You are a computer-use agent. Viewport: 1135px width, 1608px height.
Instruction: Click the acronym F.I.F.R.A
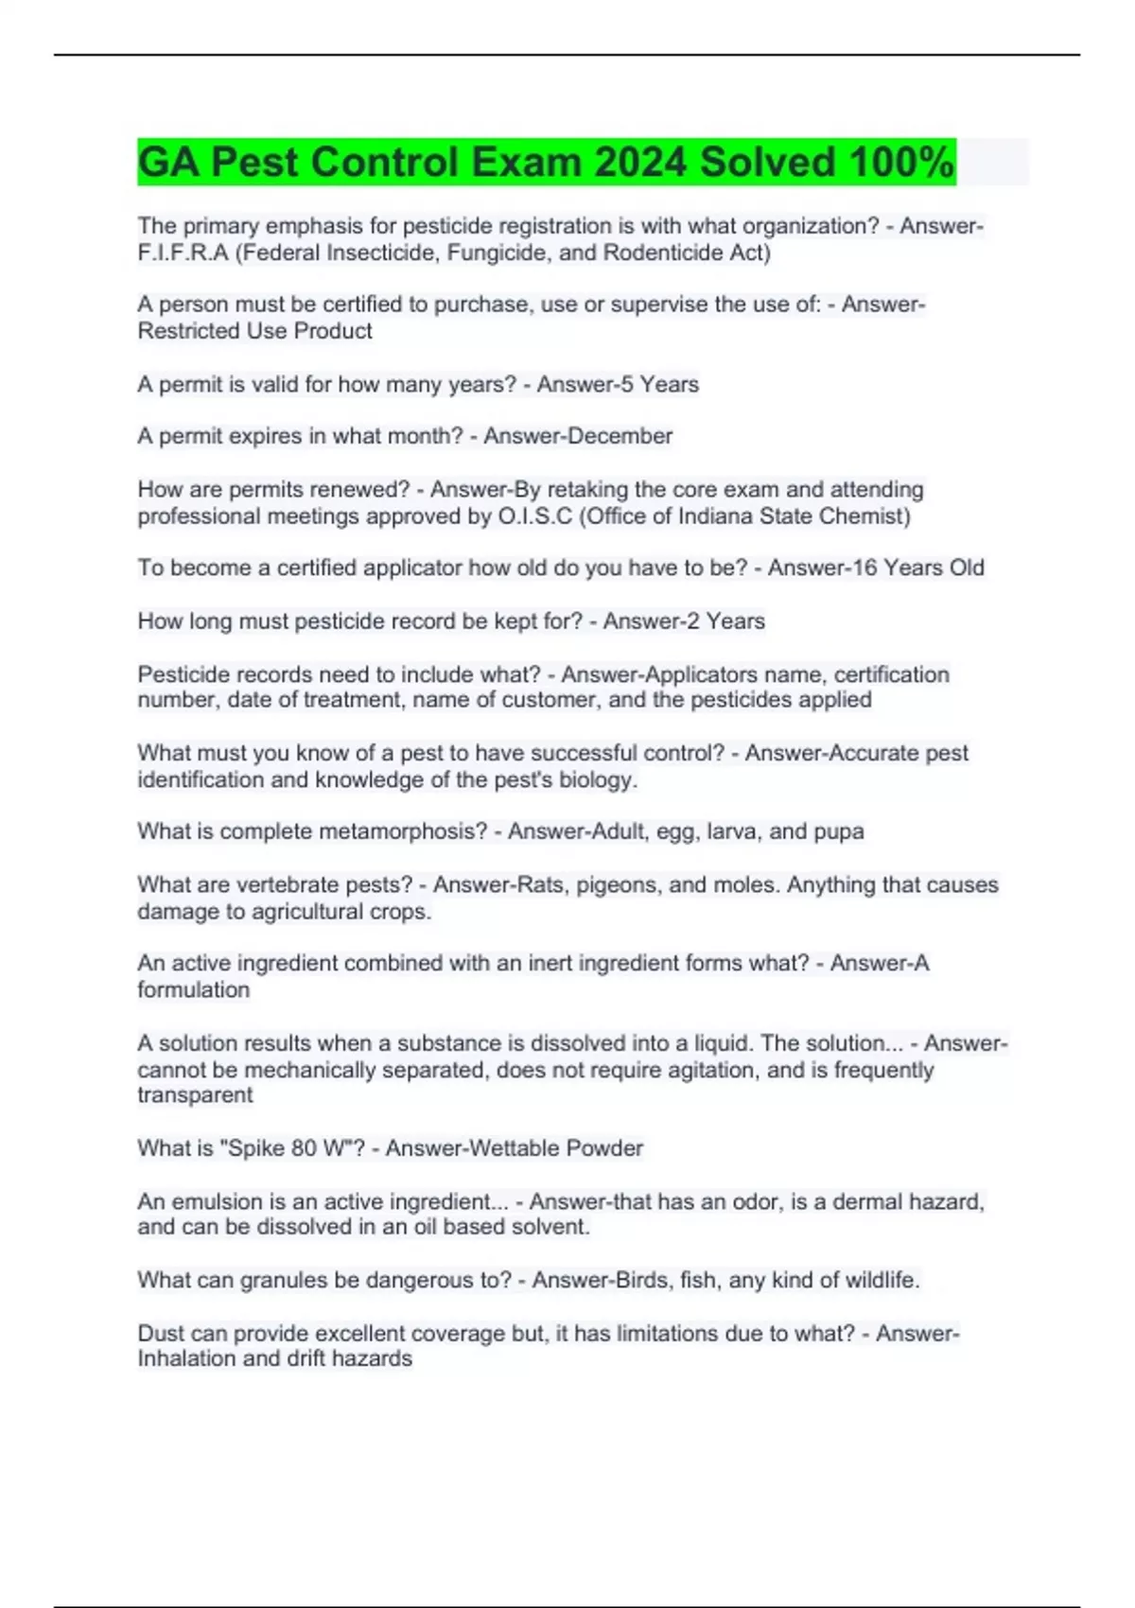point(183,253)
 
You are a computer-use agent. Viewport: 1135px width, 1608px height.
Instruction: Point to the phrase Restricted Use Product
point(254,331)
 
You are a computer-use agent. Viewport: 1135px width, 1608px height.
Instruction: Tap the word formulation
point(193,990)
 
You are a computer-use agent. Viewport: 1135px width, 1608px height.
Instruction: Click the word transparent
point(195,1095)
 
